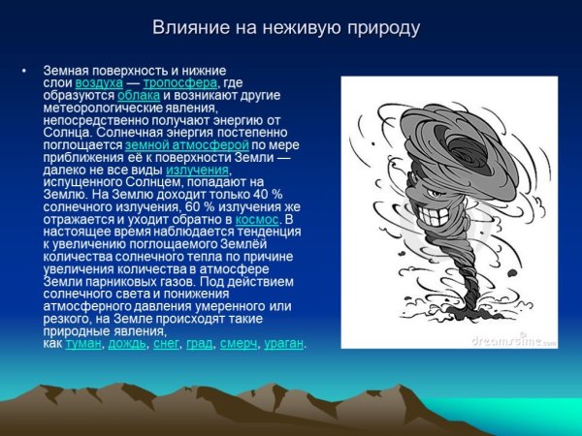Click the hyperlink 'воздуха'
125,84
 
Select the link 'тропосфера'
186,84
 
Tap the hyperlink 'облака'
139,97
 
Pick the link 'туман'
83,344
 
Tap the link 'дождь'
127,344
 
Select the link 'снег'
167,344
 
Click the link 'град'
200,344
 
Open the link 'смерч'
239,344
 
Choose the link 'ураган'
284,344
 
